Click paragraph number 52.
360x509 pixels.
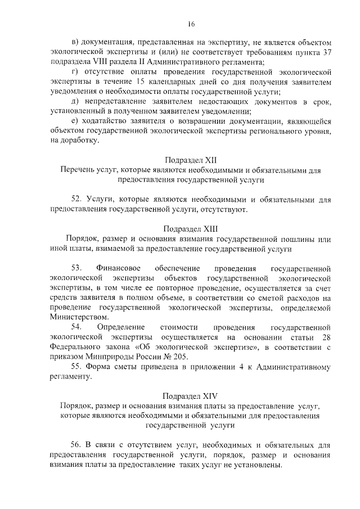(x=77, y=200)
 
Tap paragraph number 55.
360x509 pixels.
(x=77, y=367)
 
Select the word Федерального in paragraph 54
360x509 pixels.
(x=75, y=347)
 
